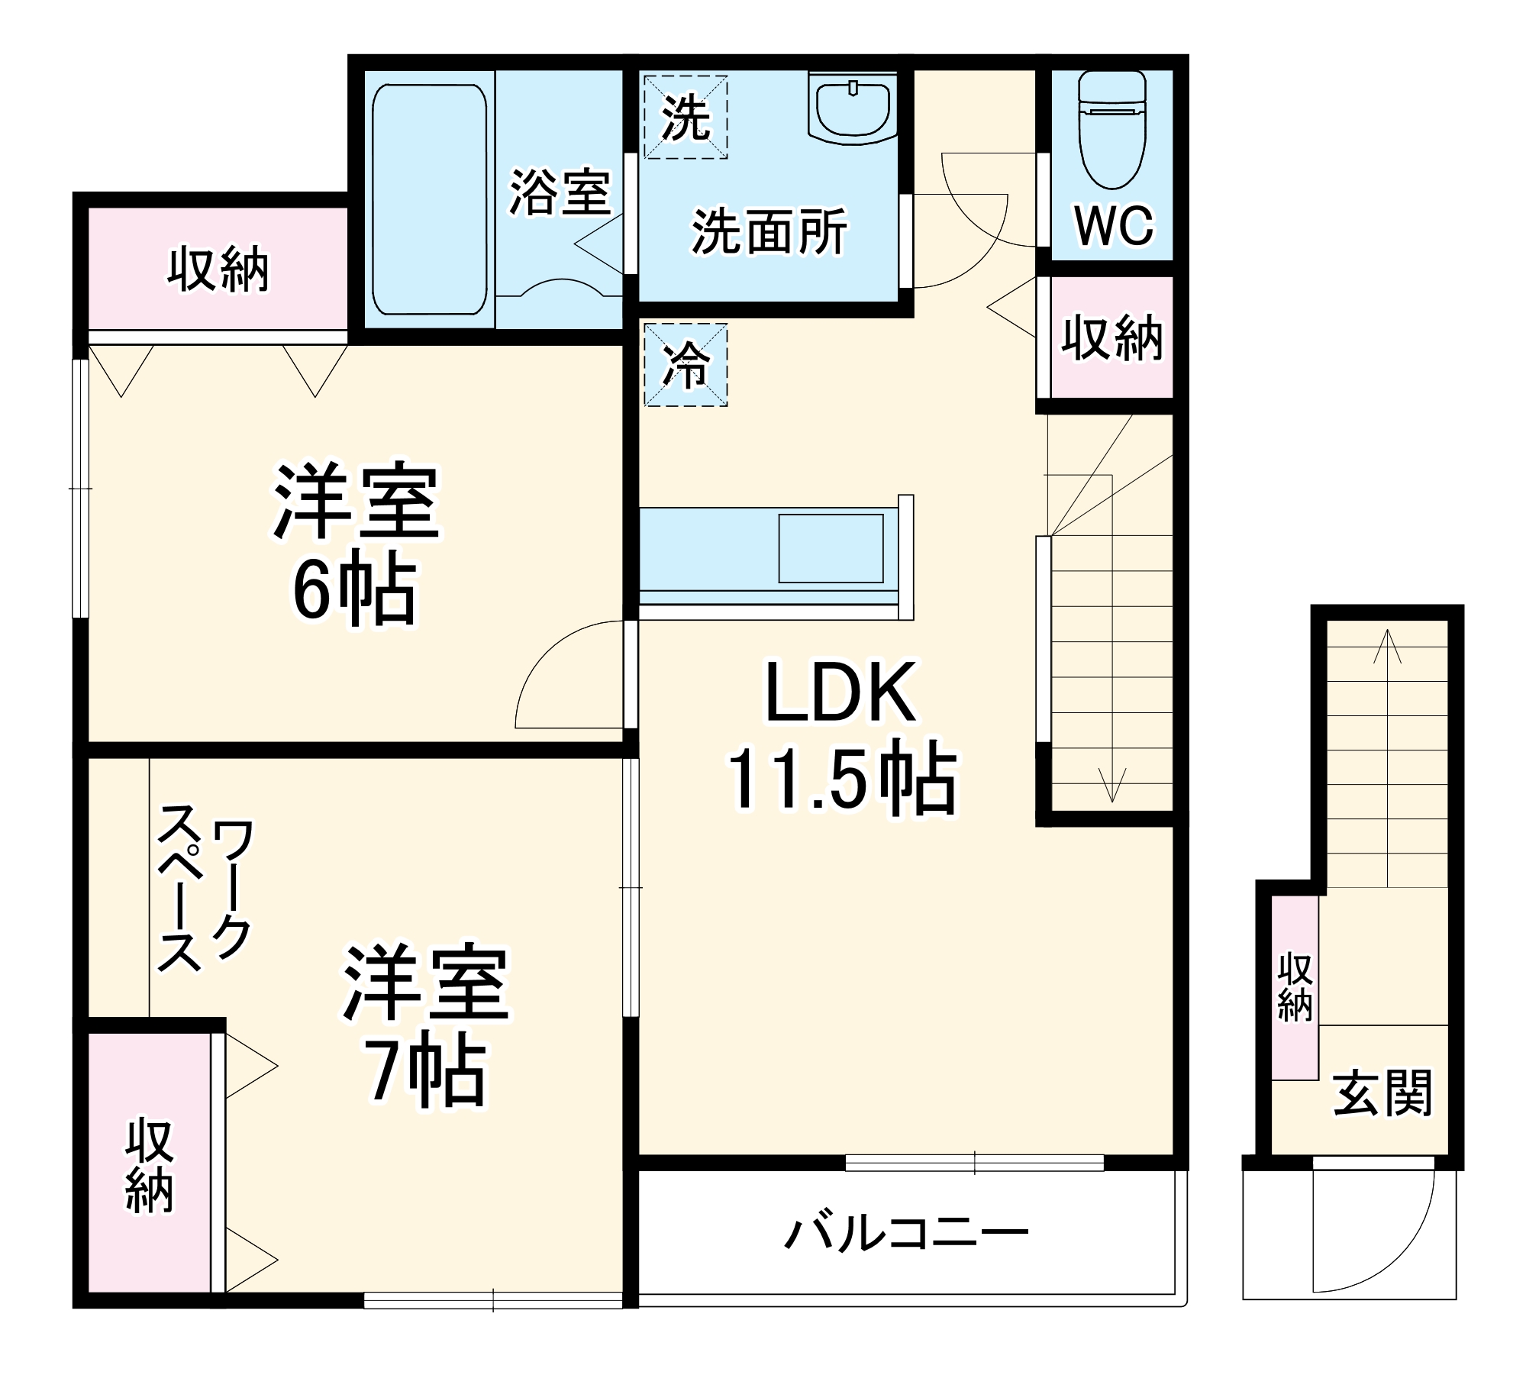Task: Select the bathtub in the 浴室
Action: coord(429,199)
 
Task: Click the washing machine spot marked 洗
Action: coord(685,117)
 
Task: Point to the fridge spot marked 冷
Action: coord(685,364)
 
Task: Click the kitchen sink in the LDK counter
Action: coord(831,548)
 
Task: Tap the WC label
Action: coord(1114,225)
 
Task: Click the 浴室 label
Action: coord(560,192)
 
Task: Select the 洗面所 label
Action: coord(769,231)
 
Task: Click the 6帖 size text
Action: coord(355,592)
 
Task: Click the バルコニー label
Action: coord(907,1233)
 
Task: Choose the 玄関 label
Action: coord(1382,1093)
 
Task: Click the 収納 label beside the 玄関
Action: coord(1295,987)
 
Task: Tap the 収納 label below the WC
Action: coord(1112,337)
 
